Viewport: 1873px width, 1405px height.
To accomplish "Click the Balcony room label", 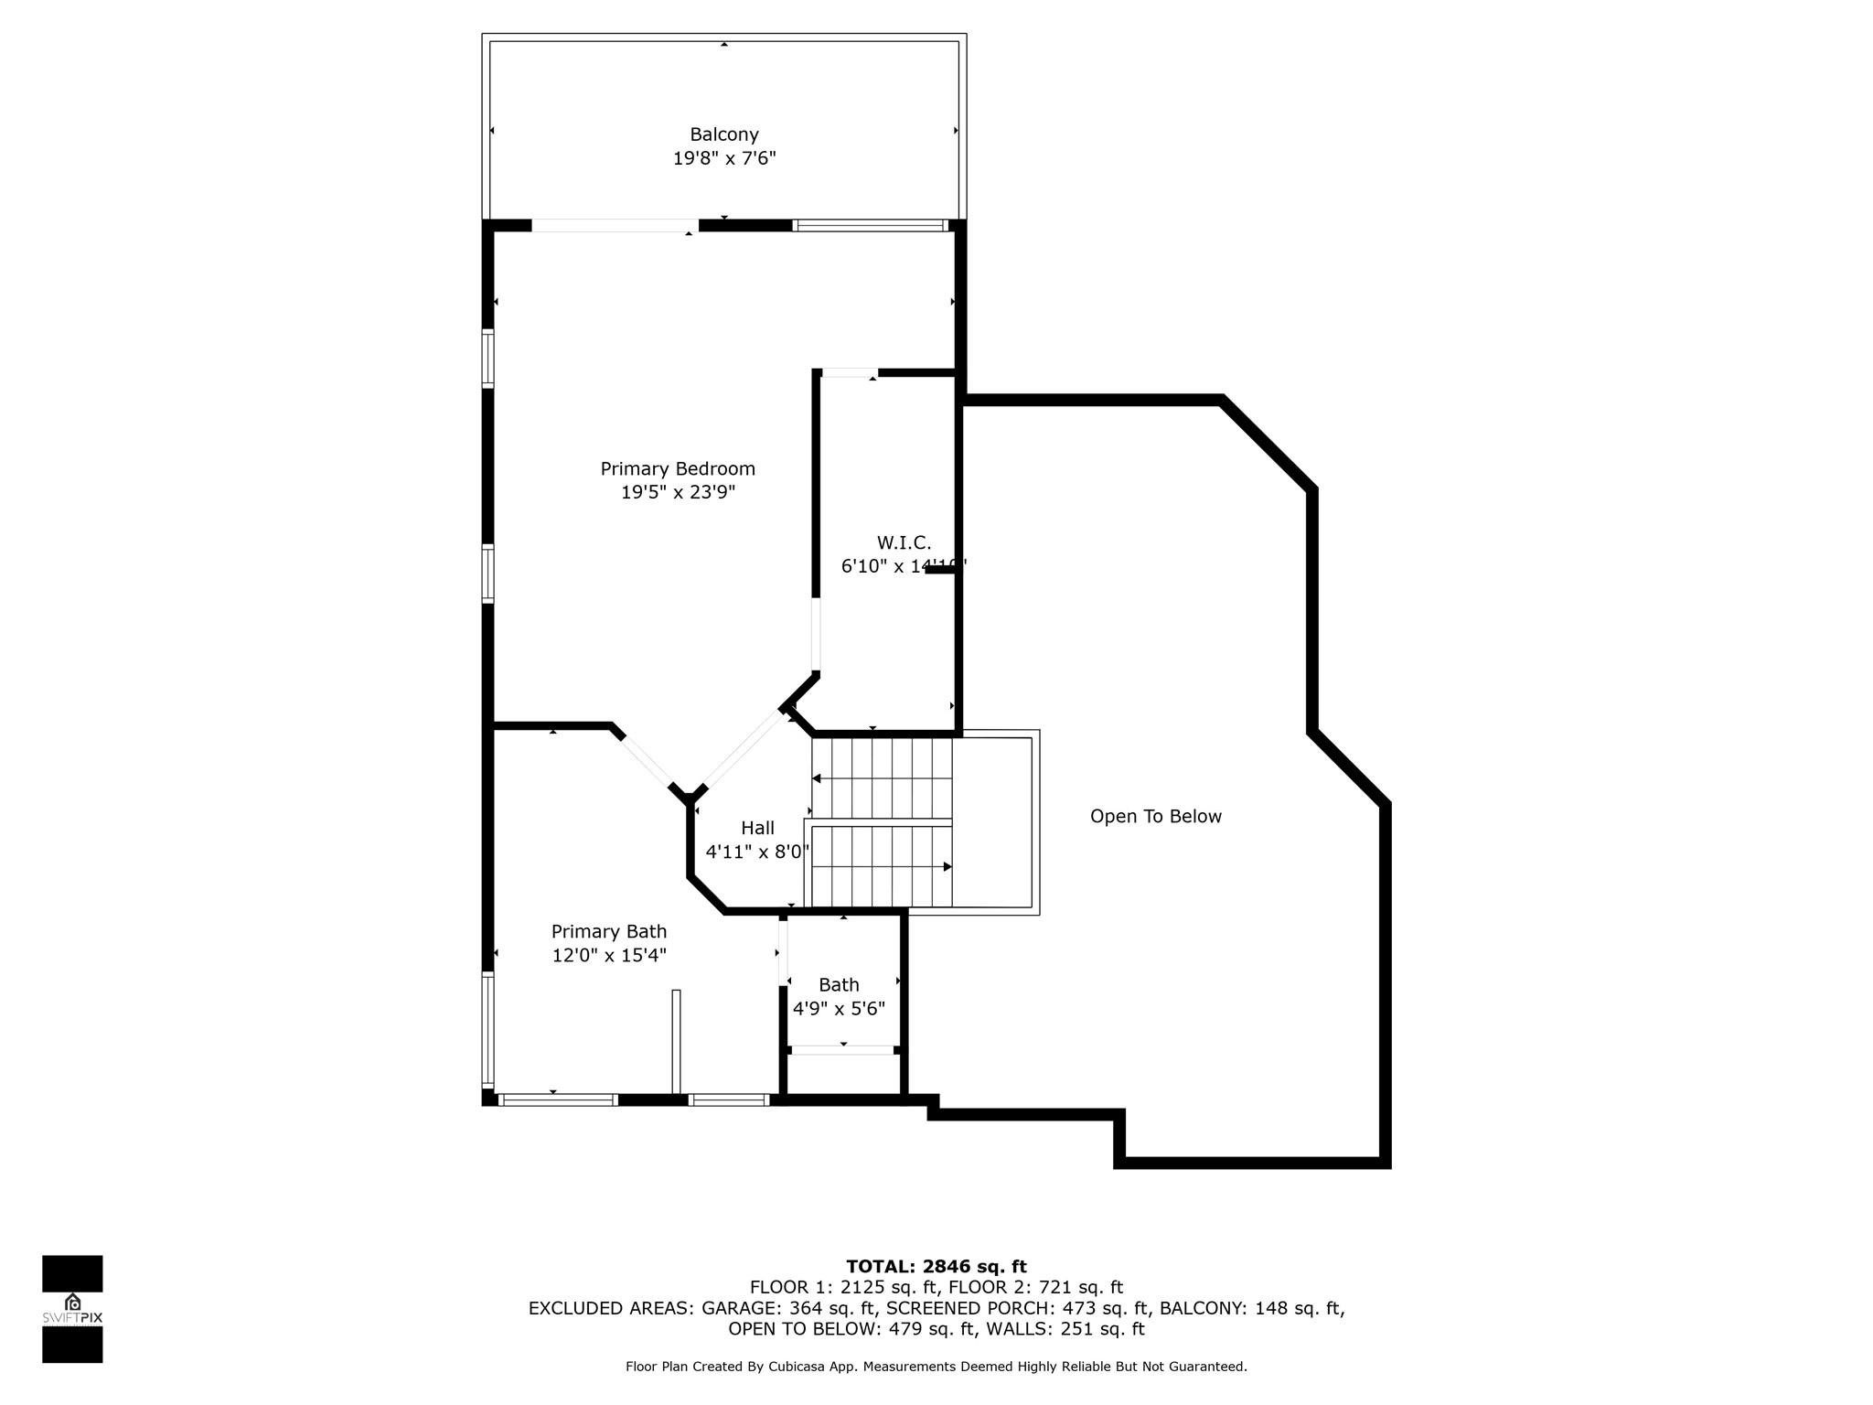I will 723,134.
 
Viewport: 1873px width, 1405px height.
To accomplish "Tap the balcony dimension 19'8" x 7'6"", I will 723,158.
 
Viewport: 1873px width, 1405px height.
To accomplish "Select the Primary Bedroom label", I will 678,468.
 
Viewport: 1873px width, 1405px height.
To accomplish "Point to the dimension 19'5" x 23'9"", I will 678,492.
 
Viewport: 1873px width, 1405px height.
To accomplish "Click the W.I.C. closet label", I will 904,542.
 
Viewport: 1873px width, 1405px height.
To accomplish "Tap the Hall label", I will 757,828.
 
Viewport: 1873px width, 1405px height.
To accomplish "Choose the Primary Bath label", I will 609,931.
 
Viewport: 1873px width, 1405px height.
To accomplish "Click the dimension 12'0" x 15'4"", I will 609,955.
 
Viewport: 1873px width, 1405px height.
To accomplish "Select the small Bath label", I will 839,984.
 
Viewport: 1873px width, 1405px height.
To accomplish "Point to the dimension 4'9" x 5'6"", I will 839,1008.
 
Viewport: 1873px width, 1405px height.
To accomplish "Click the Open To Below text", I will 1155,816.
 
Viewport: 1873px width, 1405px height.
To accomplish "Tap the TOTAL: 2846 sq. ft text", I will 936,1266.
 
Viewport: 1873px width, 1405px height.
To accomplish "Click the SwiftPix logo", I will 72,1309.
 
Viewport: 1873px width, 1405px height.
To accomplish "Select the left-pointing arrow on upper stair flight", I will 817,778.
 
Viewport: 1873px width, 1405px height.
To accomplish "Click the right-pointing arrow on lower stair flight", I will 947,866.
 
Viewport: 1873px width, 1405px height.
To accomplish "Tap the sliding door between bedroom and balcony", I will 615,225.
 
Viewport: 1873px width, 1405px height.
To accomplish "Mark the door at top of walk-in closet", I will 850,372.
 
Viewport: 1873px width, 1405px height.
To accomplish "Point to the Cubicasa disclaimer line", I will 936,1367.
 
